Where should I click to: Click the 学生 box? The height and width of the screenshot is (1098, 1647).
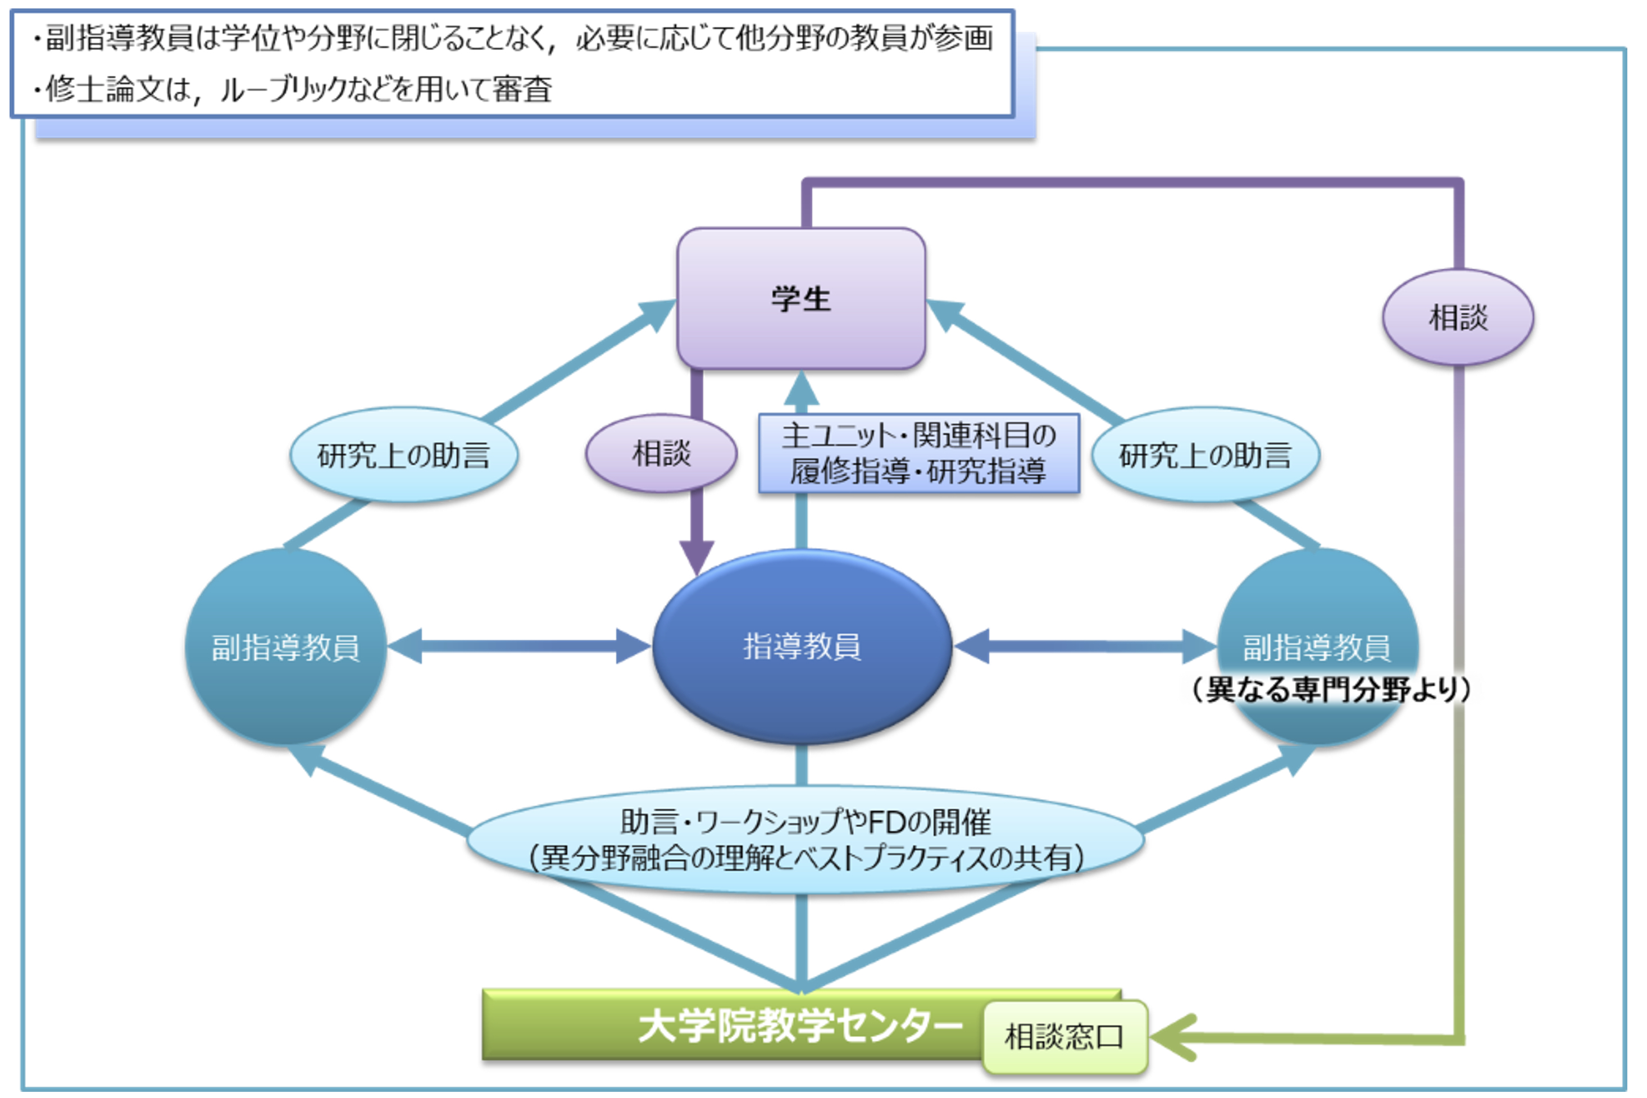tap(801, 298)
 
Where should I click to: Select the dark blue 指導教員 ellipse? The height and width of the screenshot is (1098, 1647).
tap(802, 646)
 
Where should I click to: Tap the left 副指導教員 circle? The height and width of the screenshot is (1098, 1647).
tap(286, 646)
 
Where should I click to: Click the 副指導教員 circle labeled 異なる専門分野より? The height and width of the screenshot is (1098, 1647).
tap(1317, 646)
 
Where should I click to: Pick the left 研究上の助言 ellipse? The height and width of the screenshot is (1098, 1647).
tap(404, 455)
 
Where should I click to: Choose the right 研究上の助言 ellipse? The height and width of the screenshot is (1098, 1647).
tap(1206, 455)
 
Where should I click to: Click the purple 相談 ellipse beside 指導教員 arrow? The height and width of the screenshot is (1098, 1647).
tap(661, 453)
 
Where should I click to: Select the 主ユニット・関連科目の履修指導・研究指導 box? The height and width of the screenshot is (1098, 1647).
tap(919, 453)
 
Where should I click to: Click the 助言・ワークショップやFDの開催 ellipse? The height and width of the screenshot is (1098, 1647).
tap(806, 840)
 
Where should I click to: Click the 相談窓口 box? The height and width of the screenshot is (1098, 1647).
tap(1064, 1036)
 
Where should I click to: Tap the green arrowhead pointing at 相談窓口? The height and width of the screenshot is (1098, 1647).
tap(1171, 1036)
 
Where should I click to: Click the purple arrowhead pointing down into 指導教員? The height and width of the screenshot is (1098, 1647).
tap(697, 557)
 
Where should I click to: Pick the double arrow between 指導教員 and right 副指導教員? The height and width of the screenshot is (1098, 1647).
tap(1085, 646)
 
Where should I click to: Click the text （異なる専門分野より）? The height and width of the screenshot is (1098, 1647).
tap(1331, 690)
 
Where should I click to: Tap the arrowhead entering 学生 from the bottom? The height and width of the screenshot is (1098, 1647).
tap(801, 389)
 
